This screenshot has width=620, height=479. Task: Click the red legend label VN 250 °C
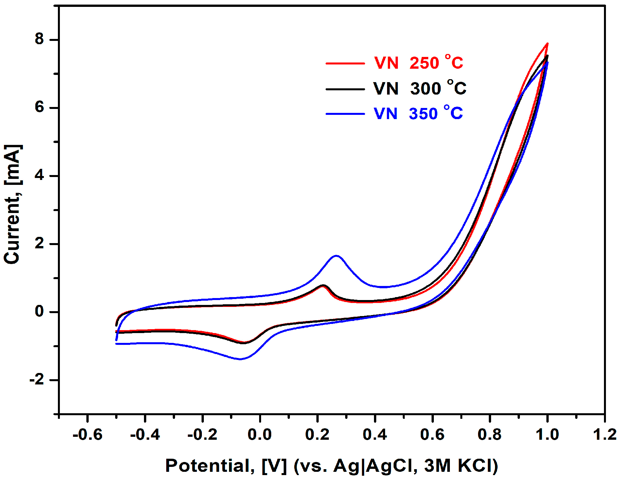[x=419, y=62]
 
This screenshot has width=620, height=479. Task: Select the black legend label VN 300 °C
[x=420, y=88]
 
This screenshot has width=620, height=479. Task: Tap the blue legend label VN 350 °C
[x=418, y=114]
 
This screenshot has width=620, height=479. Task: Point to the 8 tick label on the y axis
[x=39, y=39]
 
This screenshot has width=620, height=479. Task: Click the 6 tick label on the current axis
[x=39, y=107]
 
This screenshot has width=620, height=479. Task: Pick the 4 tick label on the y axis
[x=39, y=175]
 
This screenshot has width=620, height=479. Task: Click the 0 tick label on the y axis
[x=39, y=311]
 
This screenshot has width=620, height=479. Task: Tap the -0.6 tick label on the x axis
[x=87, y=435]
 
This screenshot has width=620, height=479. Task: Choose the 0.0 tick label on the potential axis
[x=260, y=435]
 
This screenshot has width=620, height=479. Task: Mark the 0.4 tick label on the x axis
[x=375, y=435]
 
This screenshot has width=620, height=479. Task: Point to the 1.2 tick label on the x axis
[x=605, y=435]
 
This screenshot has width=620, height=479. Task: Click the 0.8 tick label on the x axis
[x=490, y=435]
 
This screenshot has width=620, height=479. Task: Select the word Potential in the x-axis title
[x=209, y=465]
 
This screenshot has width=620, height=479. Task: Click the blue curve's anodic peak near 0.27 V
[x=336, y=256]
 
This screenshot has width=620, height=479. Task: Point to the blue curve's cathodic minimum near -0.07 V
[x=240, y=359]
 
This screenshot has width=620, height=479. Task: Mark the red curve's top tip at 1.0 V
[x=547, y=44]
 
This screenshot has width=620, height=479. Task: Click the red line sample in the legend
[x=345, y=63]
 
